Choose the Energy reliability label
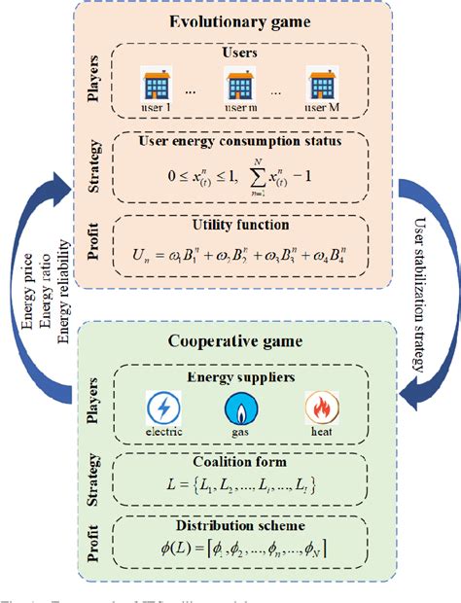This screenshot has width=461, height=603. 65,292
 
